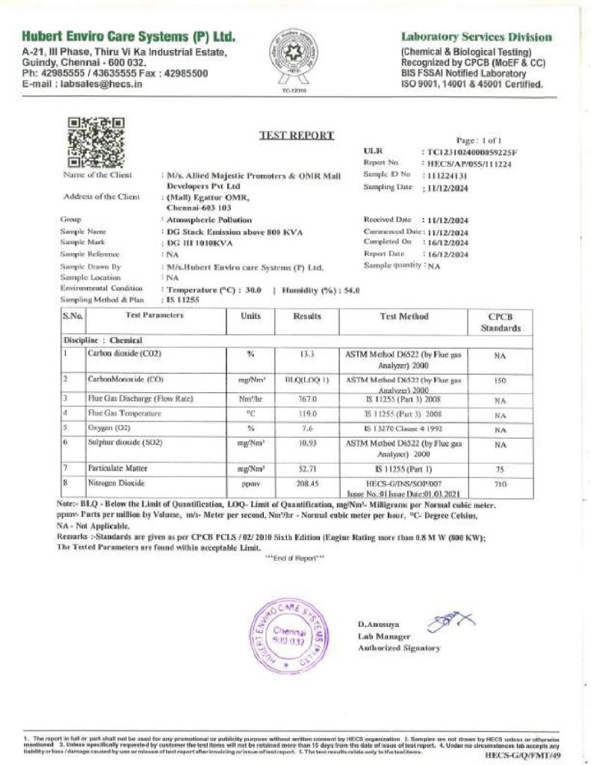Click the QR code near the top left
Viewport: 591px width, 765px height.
(96, 142)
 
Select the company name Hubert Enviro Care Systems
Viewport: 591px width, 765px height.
(129, 37)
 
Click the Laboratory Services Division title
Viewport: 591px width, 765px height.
(477, 37)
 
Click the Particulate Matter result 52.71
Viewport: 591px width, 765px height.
(307, 468)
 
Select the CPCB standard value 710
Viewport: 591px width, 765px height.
(500, 484)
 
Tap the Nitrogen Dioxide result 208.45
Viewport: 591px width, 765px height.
(307, 484)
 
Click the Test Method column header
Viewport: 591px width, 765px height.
(404, 317)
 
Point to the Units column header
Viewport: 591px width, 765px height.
(251, 317)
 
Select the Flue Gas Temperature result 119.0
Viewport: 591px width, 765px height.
(307, 413)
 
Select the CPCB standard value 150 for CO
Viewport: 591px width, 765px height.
(500, 380)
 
